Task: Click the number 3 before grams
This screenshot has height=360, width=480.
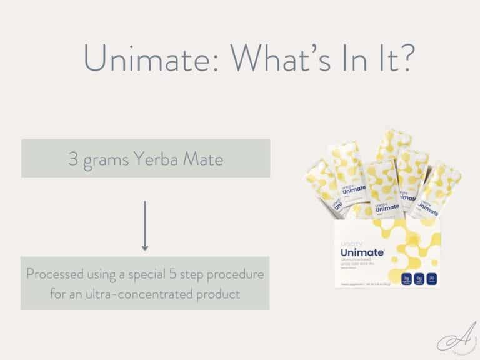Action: click(72, 158)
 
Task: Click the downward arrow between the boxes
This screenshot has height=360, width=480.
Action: click(145, 226)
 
